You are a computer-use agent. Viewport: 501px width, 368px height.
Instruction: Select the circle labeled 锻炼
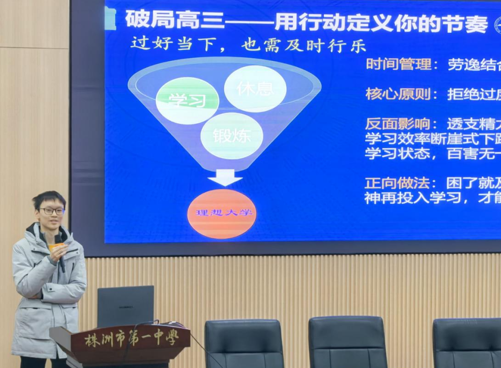[232, 136]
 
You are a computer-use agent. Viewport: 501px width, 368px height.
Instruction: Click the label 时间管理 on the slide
[398, 65]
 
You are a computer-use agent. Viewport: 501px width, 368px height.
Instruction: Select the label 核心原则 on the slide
[398, 94]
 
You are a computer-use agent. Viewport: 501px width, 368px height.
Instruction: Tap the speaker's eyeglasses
[52, 211]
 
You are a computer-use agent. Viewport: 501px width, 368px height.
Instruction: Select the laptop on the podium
[126, 306]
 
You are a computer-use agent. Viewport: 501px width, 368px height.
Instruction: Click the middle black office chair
[347, 342]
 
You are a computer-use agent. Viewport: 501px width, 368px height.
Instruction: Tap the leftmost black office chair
[244, 344]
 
